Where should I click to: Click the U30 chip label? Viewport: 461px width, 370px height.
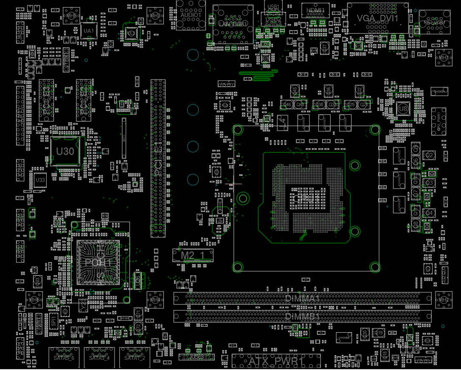pyautogui.click(x=65, y=152)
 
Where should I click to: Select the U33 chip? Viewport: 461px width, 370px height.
pyautogui.click(x=40, y=180)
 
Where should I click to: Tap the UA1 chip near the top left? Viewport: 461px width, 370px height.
pyautogui.click(x=89, y=31)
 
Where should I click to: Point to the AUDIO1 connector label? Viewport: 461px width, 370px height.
pyautogui.click(x=191, y=14)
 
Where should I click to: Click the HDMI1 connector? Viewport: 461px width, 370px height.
pyautogui.click(x=313, y=10)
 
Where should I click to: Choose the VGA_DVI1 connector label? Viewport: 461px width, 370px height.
pyautogui.click(x=377, y=18)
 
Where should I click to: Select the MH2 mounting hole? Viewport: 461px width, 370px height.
pyautogui.click(x=444, y=300)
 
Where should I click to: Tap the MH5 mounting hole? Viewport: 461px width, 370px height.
pyautogui.click(x=71, y=16)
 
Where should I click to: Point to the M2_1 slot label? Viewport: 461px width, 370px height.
pyautogui.click(x=192, y=255)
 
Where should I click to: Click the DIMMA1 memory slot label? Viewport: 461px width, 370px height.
pyautogui.click(x=302, y=298)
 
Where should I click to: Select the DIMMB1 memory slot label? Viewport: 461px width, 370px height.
pyautogui.click(x=302, y=316)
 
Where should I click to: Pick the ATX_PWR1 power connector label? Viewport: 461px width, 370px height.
pyautogui.click(x=276, y=362)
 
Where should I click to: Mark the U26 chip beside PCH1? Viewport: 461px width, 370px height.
pyautogui.click(x=137, y=280)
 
